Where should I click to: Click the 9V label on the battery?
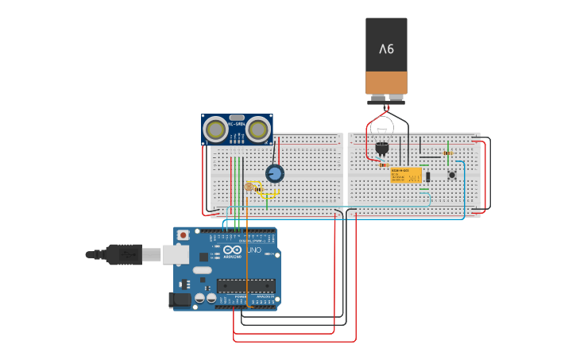(x=386, y=49)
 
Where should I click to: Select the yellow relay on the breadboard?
(x=406, y=175)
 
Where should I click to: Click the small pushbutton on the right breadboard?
(x=451, y=175)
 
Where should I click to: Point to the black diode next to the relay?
(x=427, y=176)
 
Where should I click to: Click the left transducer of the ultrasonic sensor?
(x=215, y=129)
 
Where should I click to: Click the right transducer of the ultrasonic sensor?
(x=257, y=129)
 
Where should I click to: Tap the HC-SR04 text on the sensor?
(x=236, y=124)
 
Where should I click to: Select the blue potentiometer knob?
(x=275, y=173)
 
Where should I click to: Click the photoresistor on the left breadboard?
(x=249, y=187)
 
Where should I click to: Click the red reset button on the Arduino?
(x=184, y=235)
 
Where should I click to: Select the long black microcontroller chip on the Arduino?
(x=246, y=285)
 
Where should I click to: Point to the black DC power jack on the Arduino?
(x=180, y=300)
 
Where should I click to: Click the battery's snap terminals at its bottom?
(x=386, y=99)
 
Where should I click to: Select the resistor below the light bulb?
(x=384, y=165)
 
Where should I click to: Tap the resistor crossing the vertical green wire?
(x=448, y=153)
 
